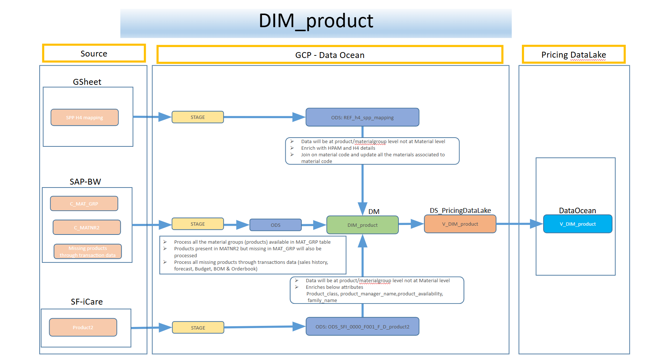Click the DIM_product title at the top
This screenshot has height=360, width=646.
[x=316, y=21]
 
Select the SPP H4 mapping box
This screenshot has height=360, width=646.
[x=84, y=117]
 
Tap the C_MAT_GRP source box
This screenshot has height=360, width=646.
[x=84, y=204]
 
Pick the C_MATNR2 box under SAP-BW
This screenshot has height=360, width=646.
[x=87, y=228]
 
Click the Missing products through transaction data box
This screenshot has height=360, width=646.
[x=88, y=252]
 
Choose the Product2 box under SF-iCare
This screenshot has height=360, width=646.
[x=83, y=327]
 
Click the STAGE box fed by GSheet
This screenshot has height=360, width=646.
[x=198, y=117]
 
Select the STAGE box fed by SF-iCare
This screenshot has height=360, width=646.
[x=198, y=328]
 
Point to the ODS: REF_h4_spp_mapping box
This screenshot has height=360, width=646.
[x=362, y=117]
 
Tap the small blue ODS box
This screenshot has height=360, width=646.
[x=275, y=225]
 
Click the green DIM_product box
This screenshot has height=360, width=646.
[x=362, y=225]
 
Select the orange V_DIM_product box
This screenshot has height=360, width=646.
[x=460, y=224]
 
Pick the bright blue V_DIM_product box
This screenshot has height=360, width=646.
[x=578, y=224]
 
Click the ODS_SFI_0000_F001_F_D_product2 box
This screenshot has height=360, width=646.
[x=362, y=327]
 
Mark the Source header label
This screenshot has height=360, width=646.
[x=94, y=54]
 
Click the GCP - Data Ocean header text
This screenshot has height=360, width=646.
[x=330, y=55]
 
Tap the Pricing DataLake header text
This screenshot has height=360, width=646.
[x=574, y=55]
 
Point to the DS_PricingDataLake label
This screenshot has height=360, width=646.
[x=460, y=210]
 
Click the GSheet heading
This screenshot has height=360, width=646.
[x=87, y=82]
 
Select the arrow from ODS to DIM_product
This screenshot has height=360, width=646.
[x=314, y=225]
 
